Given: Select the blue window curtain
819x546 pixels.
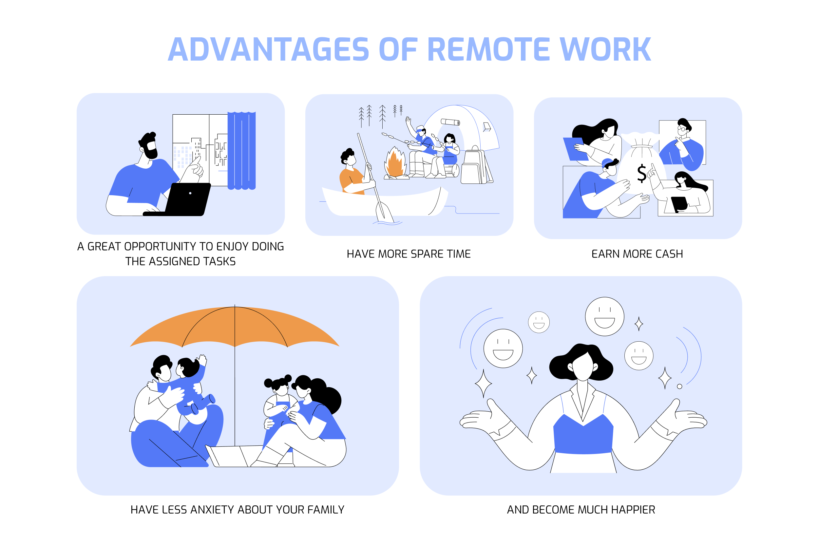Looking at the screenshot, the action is [242, 151].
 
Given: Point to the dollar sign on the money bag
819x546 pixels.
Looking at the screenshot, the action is [641, 173].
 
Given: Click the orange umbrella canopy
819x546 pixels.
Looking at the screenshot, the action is [235, 327].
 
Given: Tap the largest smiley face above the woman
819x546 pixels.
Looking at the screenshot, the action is [604, 316].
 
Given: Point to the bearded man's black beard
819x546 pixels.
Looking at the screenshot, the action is [151, 153].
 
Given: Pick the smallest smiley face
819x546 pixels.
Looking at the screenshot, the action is [539, 322].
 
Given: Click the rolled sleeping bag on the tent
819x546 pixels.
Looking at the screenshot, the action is [450, 122].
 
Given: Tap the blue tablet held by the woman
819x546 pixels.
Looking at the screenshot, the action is [575, 149].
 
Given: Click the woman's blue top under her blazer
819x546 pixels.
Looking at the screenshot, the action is [583, 435].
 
